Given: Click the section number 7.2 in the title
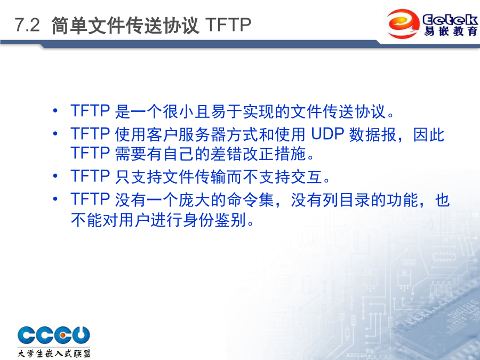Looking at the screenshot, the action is [x=27, y=25].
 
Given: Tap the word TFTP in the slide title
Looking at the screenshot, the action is [x=228, y=25].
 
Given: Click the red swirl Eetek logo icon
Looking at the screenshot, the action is [x=403, y=23].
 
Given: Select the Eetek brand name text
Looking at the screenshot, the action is [x=450, y=20].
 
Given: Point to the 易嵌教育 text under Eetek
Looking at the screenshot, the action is [x=450, y=31].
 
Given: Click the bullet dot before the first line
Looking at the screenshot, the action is [x=55, y=110].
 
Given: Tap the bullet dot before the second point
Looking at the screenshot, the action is [x=55, y=133].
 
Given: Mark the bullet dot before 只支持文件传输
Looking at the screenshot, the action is [x=55, y=175].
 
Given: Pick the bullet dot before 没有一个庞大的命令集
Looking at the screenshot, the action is [x=55, y=199].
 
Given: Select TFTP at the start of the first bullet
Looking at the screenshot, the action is [x=90, y=111].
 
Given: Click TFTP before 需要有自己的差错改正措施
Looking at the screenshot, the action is [x=90, y=153].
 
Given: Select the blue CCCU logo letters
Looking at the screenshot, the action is [x=54, y=334].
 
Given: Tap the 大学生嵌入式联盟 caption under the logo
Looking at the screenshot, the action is [x=54, y=353].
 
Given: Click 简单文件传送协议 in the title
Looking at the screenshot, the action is [x=125, y=25].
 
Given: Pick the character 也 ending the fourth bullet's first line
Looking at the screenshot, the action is [x=442, y=200].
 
